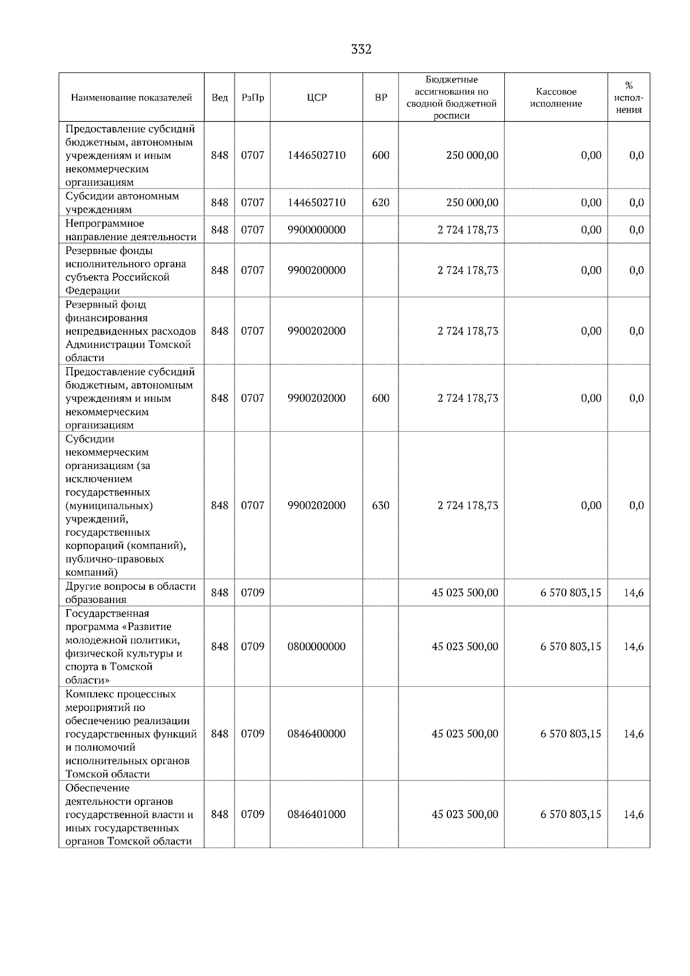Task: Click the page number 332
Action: pyautogui.click(x=361, y=49)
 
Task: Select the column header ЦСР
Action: pyautogui.click(x=317, y=98)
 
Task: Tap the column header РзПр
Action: pyautogui.click(x=252, y=98)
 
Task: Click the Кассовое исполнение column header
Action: pyautogui.click(x=555, y=98)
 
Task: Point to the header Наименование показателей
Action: pyautogui.click(x=131, y=98)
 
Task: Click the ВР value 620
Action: pyautogui.click(x=381, y=202)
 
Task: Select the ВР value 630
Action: pyautogui.click(x=381, y=505)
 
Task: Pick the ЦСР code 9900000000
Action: pyautogui.click(x=317, y=230)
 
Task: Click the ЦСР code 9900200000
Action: pyautogui.click(x=317, y=270)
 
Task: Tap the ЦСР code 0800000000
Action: pyautogui.click(x=317, y=647)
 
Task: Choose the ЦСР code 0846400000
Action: pyautogui.click(x=317, y=734)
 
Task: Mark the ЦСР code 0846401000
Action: pyautogui.click(x=317, y=814)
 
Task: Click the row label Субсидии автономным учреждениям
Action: pyautogui.click(x=122, y=202)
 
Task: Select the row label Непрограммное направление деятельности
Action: pyautogui.click(x=131, y=230)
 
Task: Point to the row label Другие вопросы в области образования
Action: pyautogui.click(x=130, y=593)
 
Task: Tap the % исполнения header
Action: pyautogui.click(x=628, y=98)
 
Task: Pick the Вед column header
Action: pyautogui.click(x=220, y=98)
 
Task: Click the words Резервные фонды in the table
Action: pyautogui.click(x=109, y=251)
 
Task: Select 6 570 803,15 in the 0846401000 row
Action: pyautogui.click(x=570, y=814)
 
